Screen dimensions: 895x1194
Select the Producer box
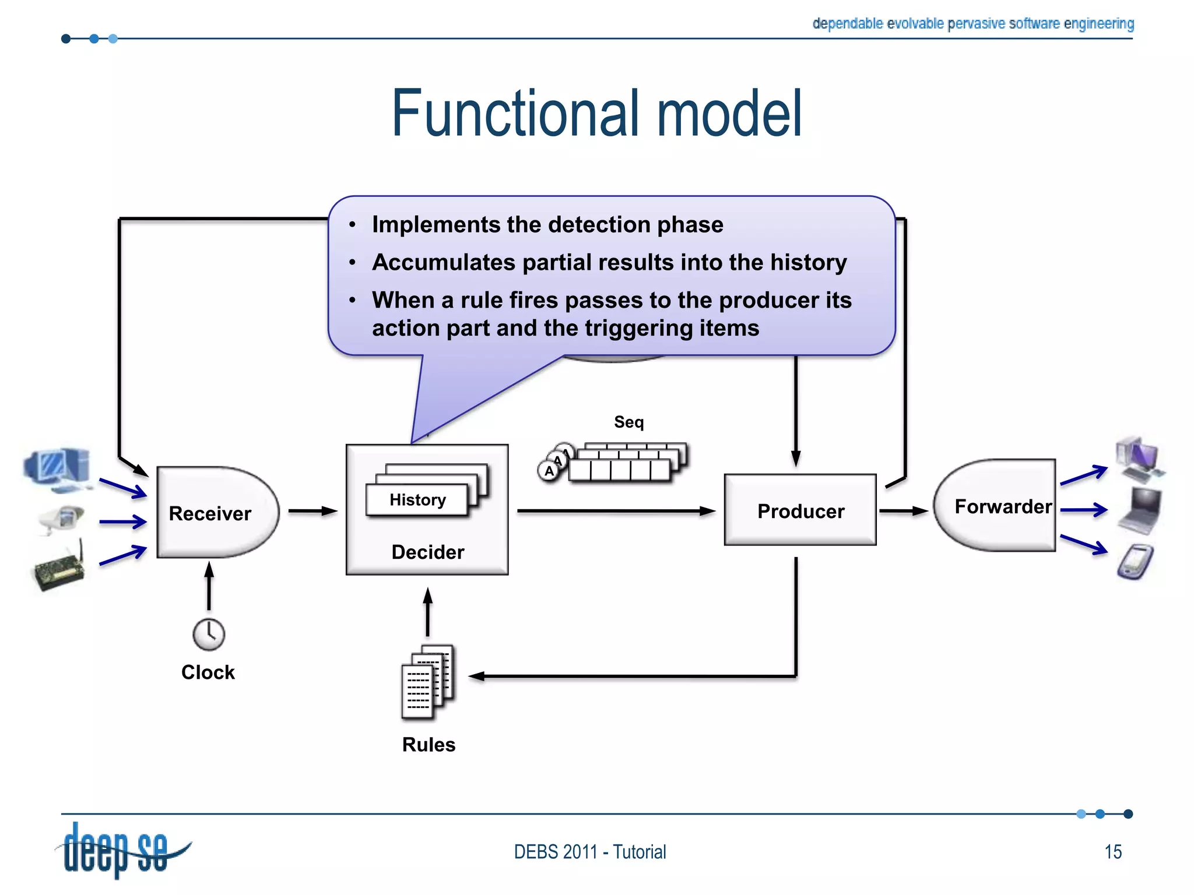coord(800,510)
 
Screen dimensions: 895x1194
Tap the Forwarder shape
coord(997,506)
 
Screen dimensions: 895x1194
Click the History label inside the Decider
coord(417,500)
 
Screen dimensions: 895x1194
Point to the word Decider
coord(427,552)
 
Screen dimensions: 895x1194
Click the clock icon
coord(209,634)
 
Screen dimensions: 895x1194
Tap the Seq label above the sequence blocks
coord(628,422)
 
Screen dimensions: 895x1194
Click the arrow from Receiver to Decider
coord(312,511)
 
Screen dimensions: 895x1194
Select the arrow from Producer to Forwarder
coord(902,511)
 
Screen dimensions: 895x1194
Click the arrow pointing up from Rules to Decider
coord(427,612)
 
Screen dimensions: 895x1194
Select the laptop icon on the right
coord(1140,510)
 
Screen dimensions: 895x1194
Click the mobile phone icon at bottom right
coord(1135,561)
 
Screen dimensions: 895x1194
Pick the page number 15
coord(1112,852)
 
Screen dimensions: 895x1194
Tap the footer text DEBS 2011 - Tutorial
coord(589,852)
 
